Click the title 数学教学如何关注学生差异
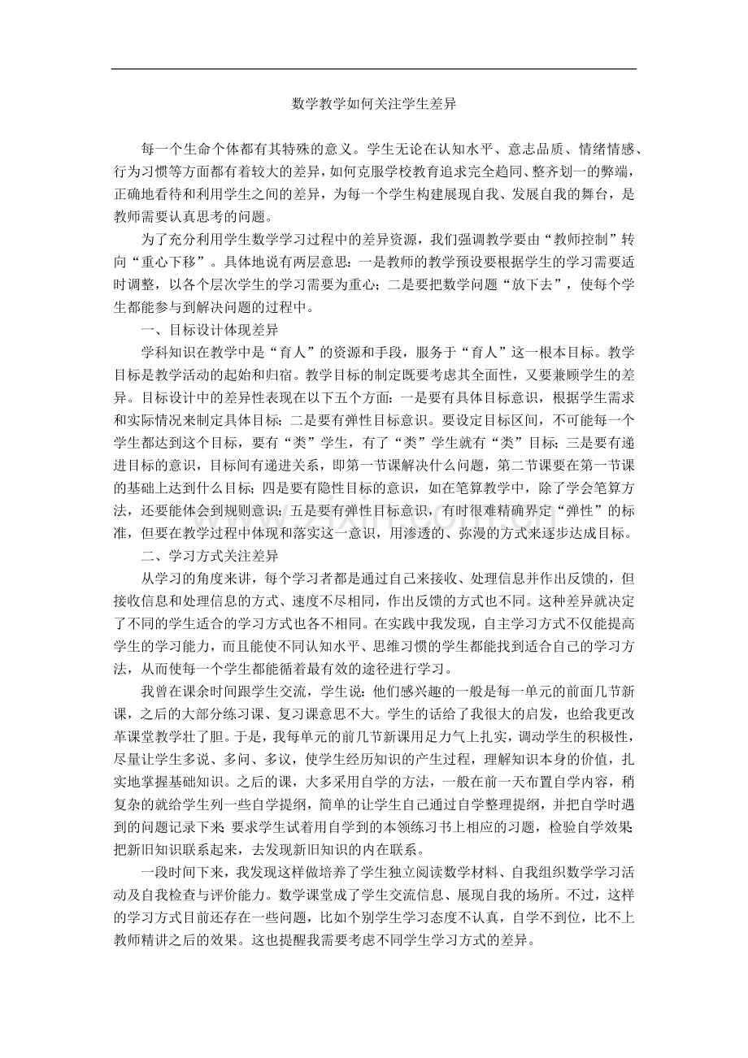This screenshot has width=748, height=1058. click(373, 104)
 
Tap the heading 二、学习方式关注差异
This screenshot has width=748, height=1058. click(210, 557)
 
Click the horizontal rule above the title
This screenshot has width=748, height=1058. click(373, 69)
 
